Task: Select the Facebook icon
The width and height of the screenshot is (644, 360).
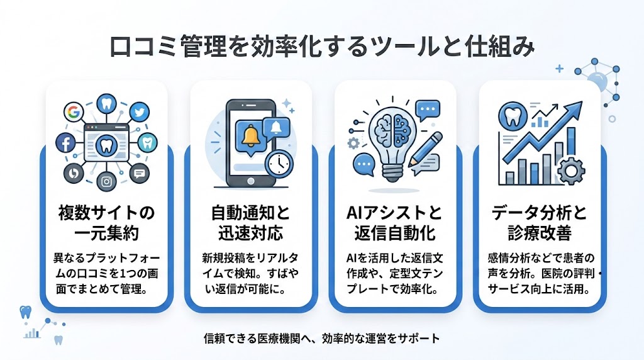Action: (65, 143)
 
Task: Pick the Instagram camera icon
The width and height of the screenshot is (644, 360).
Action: (107, 182)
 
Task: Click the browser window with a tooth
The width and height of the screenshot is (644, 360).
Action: (106, 143)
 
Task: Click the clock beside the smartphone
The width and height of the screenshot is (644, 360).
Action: (277, 163)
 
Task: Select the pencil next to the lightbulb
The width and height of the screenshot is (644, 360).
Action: (428, 147)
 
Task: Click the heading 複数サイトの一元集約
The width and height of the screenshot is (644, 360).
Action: (106, 223)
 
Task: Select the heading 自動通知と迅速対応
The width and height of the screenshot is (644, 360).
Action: (251, 223)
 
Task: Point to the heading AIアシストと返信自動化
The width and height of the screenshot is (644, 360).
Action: (396, 223)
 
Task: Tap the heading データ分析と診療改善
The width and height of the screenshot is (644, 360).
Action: (540, 223)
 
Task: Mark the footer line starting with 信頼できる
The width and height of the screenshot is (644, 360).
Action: (321, 338)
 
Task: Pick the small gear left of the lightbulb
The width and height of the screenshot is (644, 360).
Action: (353, 143)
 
